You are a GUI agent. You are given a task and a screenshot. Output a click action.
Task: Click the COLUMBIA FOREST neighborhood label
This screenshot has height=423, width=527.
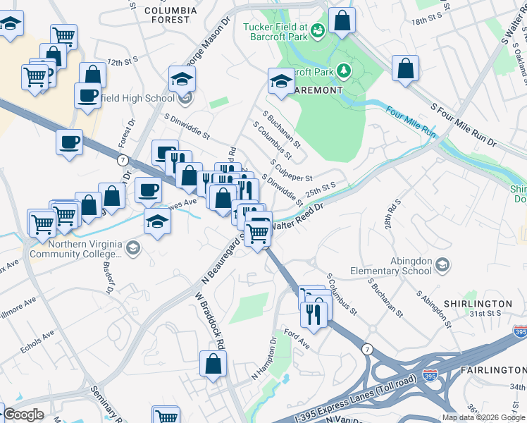click(x=167, y=15)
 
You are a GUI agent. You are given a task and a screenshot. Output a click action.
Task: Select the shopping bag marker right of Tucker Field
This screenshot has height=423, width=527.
click(x=342, y=22)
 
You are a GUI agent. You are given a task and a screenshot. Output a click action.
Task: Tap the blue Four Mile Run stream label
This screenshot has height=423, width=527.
click(x=411, y=121)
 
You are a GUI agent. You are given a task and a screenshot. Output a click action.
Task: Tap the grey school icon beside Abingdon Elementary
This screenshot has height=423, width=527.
click(x=442, y=265)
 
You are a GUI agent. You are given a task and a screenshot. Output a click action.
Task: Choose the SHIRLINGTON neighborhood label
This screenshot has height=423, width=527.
click(x=478, y=304)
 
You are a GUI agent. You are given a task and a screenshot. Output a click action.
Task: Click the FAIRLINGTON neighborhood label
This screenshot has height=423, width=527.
click(x=493, y=370)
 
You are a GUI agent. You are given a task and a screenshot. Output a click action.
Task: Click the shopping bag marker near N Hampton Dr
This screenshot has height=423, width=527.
click(x=213, y=364)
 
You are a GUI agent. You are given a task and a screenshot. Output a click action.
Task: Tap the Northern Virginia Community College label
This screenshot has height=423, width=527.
click(x=77, y=249)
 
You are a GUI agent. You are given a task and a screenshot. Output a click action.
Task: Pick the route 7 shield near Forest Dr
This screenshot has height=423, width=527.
click(x=123, y=161)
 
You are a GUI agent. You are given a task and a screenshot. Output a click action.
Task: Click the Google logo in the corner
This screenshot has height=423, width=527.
click(x=23, y=415)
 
